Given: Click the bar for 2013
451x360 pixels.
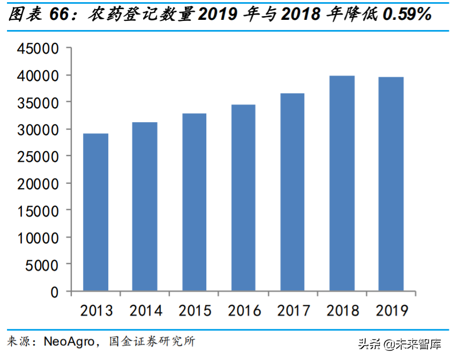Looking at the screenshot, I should [x=95, y=212].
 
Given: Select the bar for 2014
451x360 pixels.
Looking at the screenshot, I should [x=145, y=207].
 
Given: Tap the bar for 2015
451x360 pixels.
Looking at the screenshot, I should [x=194, y=202].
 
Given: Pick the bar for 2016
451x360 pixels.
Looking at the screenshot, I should [x=243, y=198].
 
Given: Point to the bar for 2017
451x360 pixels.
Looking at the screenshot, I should [x=292, y=192].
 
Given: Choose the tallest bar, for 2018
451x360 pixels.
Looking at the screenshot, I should [x=342, y=183].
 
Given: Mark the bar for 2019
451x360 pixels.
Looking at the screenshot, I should [x=391, y=184].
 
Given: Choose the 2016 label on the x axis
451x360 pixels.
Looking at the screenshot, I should [x=244, y=310].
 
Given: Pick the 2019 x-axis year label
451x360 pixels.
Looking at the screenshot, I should [x=392, y=310].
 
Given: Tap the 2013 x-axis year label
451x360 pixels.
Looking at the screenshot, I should [x=96, y=310].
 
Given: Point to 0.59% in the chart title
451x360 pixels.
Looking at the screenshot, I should [x=407, y=15].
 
